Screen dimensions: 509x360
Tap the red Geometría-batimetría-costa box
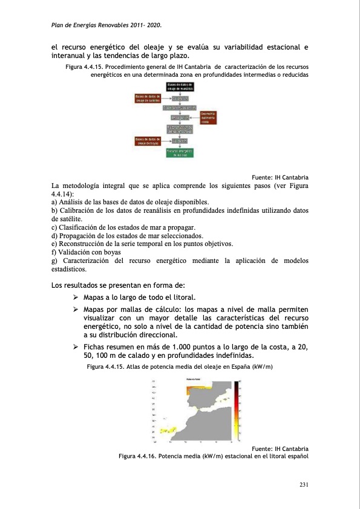coord(208,118)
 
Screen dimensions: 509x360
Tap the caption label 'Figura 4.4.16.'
coord(140,456)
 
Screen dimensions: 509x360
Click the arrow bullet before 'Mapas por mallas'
coord(76,309)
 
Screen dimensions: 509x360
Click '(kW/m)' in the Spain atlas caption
coord(261,366)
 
